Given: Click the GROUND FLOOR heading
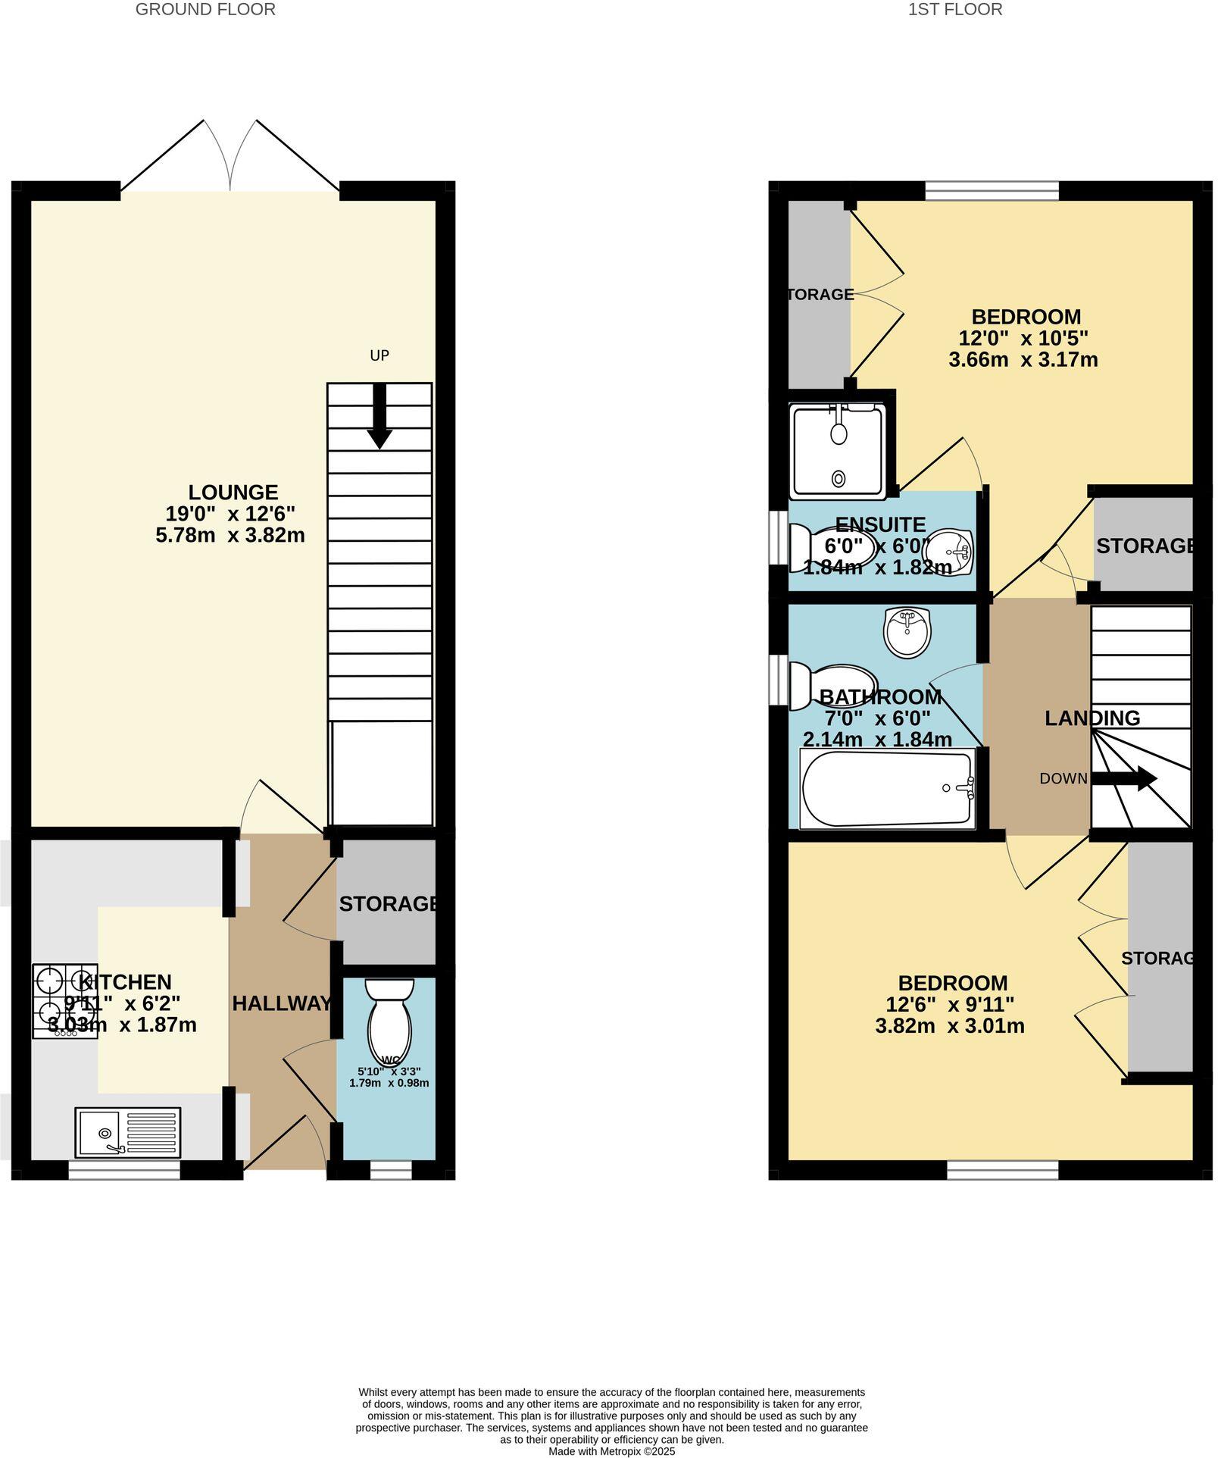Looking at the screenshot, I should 205,9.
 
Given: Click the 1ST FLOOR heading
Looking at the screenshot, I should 955,9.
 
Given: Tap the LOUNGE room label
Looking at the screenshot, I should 233,493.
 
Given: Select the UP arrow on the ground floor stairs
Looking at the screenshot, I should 379,416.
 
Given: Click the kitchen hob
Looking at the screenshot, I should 64,1000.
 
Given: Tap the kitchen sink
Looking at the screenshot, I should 128,1133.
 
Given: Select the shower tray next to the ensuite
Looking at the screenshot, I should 839,452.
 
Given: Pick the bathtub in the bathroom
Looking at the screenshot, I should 887,788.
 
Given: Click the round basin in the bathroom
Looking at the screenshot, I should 907,632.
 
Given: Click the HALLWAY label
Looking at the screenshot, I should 282,1003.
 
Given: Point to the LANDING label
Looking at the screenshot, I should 1092,718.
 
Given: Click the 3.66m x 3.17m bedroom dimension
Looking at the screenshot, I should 1023,359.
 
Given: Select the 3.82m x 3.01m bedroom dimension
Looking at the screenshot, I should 950,1026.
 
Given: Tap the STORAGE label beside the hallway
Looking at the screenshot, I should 388,903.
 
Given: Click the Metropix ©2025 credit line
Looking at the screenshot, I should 611,1451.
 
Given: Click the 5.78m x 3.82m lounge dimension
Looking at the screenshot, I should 230,535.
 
